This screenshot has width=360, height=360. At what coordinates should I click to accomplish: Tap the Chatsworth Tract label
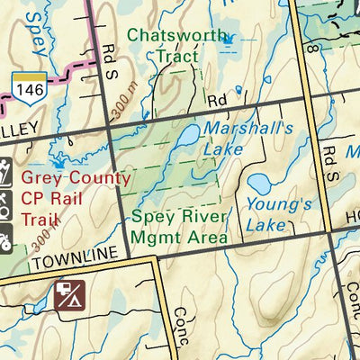(163, 46)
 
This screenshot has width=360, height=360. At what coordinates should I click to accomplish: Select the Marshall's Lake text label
(235, 138)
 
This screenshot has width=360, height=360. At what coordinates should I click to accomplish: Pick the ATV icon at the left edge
(4, 241)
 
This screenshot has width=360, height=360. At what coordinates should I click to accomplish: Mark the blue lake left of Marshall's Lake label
(186, 138)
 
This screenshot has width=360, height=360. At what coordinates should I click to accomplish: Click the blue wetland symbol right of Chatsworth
(227, 39)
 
